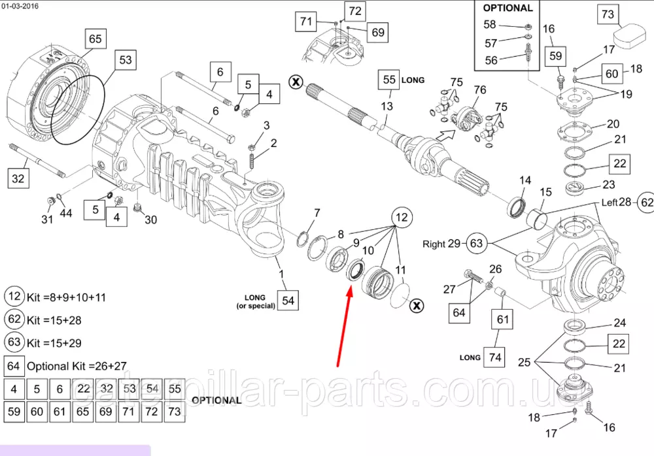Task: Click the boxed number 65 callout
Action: point(95,39)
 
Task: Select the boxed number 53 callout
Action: point(125,60)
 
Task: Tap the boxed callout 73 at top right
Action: point(608,14)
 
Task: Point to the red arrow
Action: point(343,327)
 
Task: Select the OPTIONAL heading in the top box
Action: point(508,8)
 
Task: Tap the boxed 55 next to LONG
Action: point(389,80)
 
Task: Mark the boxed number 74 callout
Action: point(495,357)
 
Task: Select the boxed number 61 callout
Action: point(502,319)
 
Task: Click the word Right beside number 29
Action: point(434,244)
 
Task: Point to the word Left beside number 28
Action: point(611,203)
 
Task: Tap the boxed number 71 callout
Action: point(306,22)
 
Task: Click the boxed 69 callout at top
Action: point(378,32)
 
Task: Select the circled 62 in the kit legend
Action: point(14,319)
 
